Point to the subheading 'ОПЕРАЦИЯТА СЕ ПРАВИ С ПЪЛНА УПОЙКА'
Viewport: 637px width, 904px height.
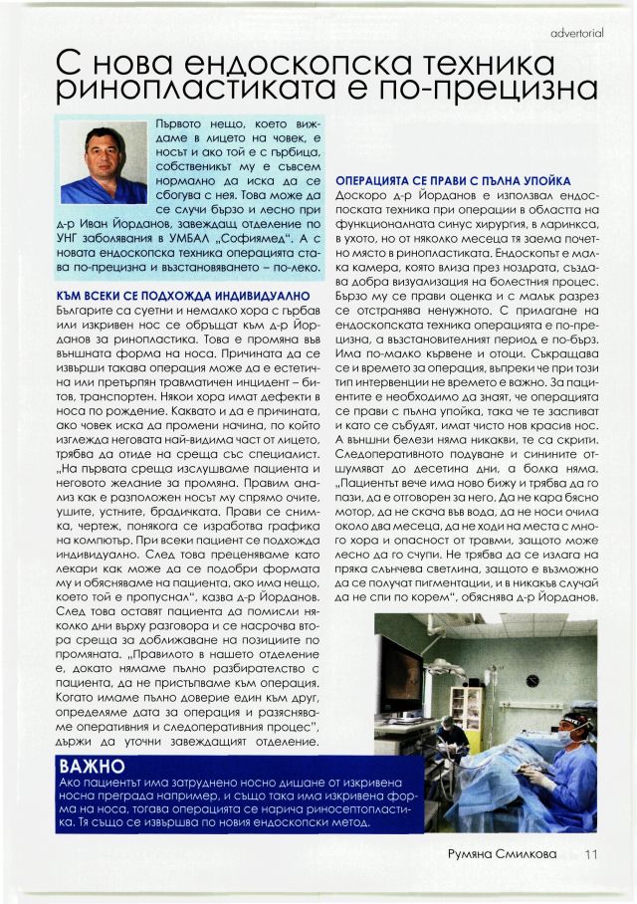(x=453, y=181)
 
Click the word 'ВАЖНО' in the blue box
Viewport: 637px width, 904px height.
(x=92, y=768)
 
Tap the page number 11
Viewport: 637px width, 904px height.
(x=592, y=853)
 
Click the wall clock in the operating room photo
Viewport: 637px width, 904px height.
(x=532, y=680)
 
